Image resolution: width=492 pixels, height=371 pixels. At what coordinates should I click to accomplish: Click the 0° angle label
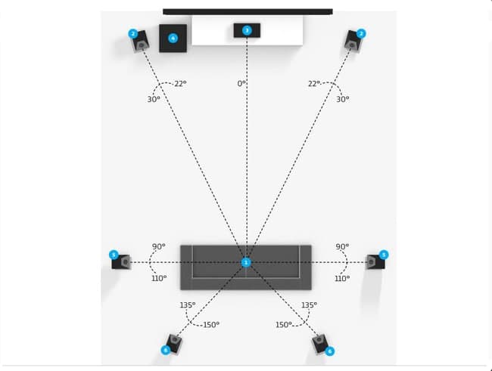tap(241, 83)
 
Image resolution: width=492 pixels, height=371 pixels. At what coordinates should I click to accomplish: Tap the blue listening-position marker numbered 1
tap(246, 263)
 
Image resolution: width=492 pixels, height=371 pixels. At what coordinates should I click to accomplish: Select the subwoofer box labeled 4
tap(173, 39)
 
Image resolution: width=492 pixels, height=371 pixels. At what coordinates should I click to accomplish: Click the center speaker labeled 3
tap(247, 30)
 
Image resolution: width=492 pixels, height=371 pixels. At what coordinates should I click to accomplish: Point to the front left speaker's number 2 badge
tap(133, 33)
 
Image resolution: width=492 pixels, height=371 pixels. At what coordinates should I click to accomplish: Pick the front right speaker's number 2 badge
tap(361, 33)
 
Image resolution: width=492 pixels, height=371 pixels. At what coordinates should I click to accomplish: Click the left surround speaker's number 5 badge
tap(114, 255)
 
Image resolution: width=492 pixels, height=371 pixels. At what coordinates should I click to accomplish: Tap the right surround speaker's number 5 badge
tap(384, 255)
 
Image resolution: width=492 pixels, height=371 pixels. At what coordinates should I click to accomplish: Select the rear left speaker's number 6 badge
tap(165, 350)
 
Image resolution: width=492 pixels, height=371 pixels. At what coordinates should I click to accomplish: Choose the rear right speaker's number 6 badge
tap(329, 351)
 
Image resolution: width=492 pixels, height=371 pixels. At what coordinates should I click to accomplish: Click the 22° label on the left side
tap(180, 84)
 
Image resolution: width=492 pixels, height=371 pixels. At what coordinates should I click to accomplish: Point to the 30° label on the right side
tap(343, 99)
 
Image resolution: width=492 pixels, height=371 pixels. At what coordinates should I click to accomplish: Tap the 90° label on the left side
tap(159, 246)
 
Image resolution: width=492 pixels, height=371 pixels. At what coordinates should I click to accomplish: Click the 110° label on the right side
tap(342, 278)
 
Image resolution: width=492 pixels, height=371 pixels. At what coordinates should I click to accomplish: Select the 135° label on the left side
tap(188, 305)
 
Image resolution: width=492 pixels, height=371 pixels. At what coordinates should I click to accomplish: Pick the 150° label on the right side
tap(284, 325)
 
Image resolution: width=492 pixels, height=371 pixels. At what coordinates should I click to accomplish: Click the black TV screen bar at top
tap(248, 12)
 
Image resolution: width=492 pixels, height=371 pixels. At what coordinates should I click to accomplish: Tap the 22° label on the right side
tap(314, 84)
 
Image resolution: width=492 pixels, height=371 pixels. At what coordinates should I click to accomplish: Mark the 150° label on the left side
tap(211, 325)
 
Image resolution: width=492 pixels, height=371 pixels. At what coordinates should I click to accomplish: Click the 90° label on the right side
tap(342, 246)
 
